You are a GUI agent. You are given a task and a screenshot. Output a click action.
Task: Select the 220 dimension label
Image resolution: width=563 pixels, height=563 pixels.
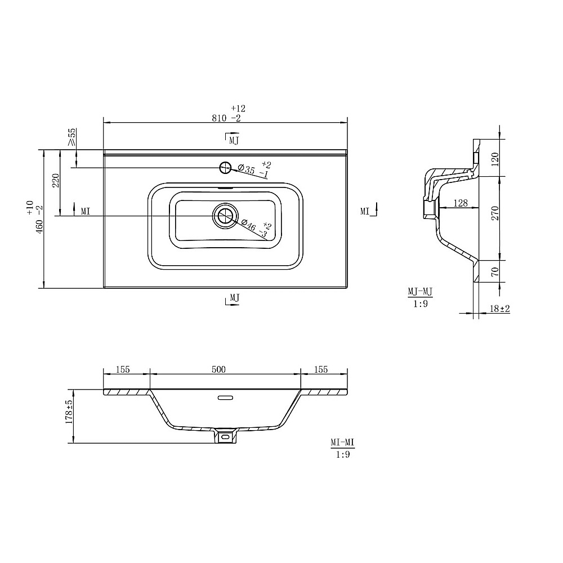[56, 180]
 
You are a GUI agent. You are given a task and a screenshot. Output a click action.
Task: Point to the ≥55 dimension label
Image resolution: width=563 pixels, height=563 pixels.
[72, 137]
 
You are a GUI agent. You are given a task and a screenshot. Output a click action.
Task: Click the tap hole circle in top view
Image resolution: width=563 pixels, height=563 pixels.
[225, 167]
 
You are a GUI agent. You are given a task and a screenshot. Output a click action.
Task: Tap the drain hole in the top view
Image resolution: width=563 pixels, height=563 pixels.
[225, 216]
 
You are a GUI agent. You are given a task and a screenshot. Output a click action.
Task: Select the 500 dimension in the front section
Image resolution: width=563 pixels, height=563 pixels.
[218, 369]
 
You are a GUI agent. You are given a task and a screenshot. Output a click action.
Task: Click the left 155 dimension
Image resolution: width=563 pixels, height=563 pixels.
[123, 369]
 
